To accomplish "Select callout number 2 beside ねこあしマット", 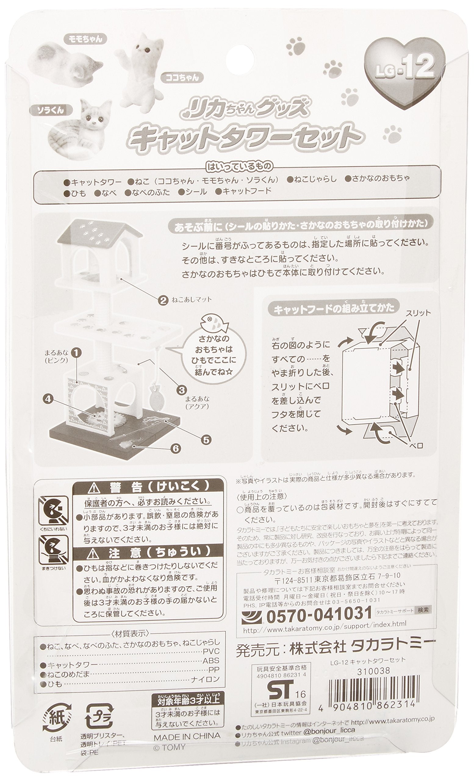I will (x=163, y=300).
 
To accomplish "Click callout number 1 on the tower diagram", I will (x=76, y=352).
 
